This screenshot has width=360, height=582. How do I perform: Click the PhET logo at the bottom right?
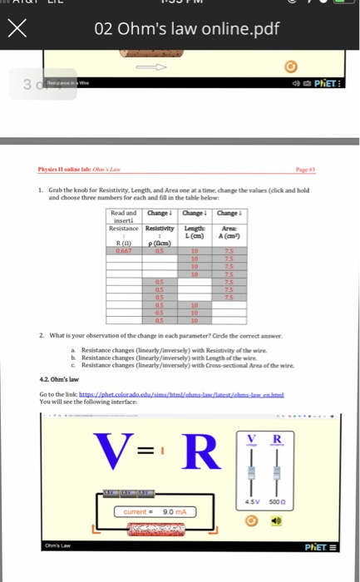[308, 547]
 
